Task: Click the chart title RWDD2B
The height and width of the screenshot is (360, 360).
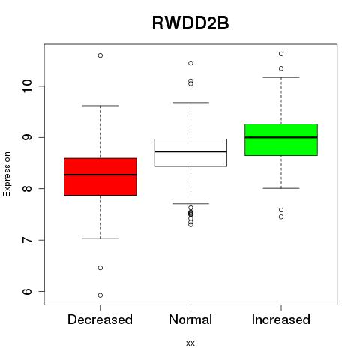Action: click(190, 23)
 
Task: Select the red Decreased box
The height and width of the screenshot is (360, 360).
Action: click(100, 177)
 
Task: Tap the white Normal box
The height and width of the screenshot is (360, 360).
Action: click(190, 153)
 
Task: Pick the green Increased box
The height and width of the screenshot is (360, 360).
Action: click(281, 139)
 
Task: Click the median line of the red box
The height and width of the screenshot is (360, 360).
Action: click(100, 175)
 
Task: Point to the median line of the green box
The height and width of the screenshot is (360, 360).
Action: click(281, 137)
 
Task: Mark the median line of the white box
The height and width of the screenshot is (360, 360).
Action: click(190, 151)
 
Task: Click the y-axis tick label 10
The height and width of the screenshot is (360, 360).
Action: click(27, 86)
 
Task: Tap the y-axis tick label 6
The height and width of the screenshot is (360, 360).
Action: click(27, 291)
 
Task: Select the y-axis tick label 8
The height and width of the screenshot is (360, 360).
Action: click(27, 188)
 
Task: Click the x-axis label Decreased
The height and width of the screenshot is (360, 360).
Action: click(100, 319)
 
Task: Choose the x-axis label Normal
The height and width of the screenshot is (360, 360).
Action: click(190, 319)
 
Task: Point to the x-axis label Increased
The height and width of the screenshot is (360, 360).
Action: click(281, 319)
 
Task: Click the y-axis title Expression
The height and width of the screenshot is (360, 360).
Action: click(7, 174)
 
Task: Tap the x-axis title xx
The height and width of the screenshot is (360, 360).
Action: click(190, 343)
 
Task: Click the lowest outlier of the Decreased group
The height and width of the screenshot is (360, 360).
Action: click(100, 295)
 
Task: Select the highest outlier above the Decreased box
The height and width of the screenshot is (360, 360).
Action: click(100, 55)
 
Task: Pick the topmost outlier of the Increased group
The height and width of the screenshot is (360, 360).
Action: click(281, 54)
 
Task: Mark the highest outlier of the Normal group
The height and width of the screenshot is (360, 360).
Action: click(190, 63)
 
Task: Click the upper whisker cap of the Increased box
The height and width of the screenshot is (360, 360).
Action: click(281, 77)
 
